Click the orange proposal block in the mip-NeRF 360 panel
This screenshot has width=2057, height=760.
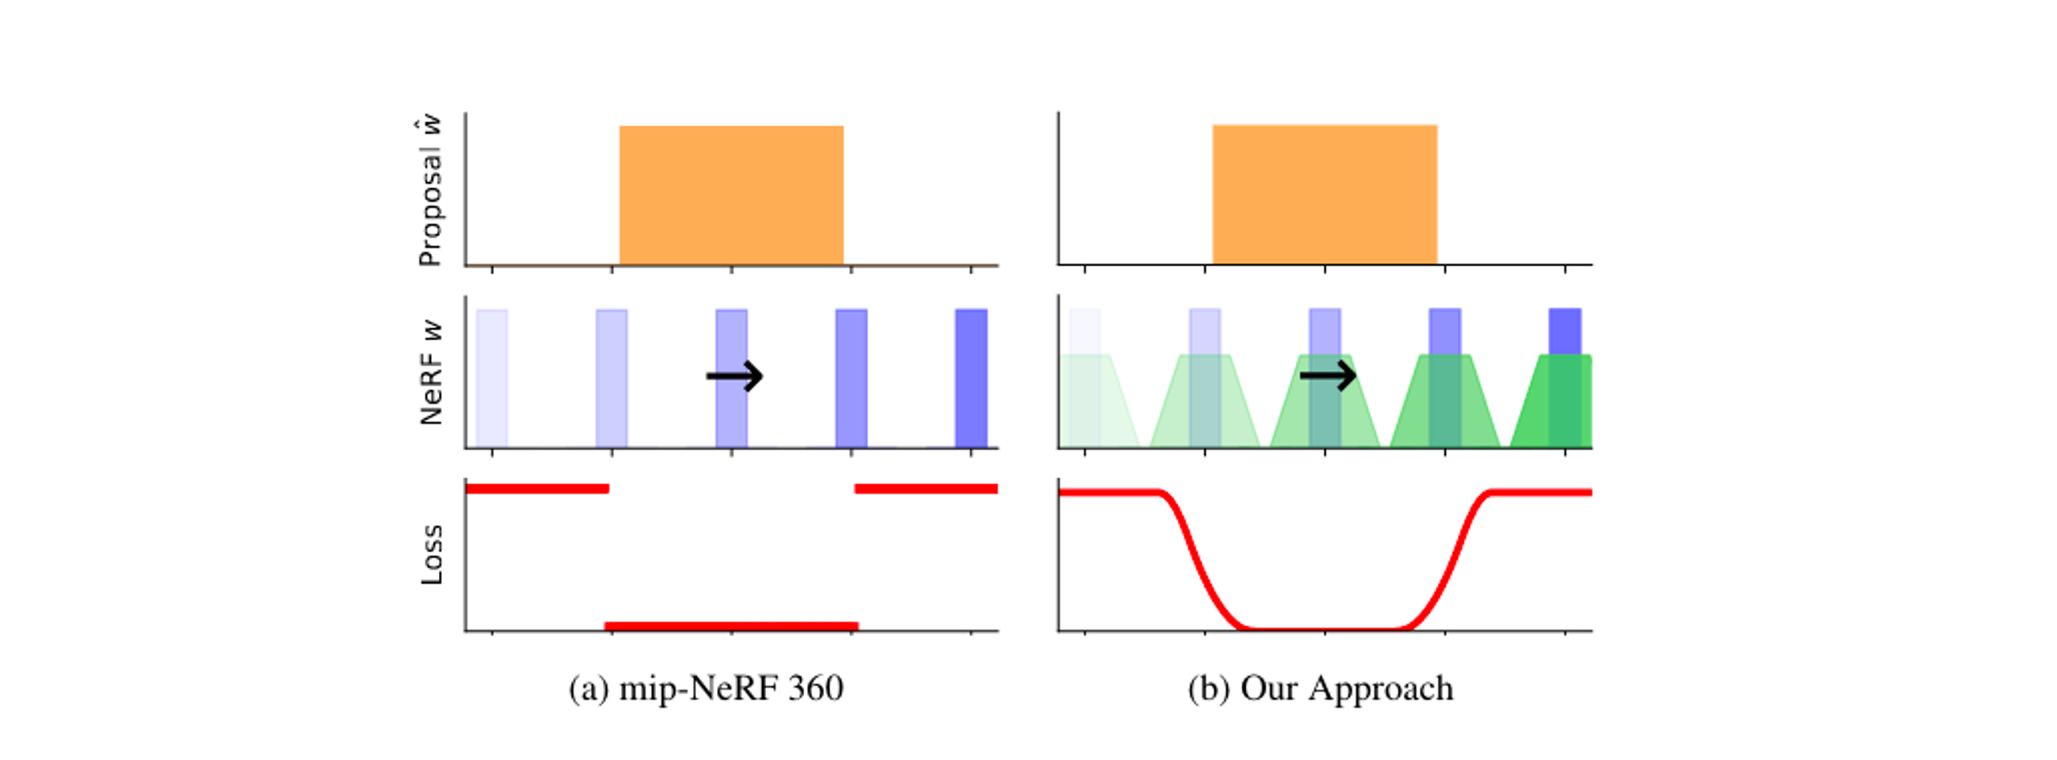tap(731, 195)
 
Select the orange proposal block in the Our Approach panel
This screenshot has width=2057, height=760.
tap(1324, 195)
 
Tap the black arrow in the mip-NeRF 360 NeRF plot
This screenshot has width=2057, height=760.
tap(735, 376)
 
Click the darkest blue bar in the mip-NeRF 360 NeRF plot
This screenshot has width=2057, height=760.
tap(971, 377)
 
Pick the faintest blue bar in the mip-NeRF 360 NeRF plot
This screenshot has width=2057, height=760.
tap(492, 377)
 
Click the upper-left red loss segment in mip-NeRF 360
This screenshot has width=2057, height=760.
tap(537, 489)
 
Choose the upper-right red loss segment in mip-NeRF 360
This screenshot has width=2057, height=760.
tap(926, 489)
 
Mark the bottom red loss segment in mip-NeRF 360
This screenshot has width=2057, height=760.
tap(731, 627)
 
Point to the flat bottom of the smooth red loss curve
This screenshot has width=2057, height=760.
tap(1324, 629)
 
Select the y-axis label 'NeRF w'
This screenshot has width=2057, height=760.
tap(431, 372)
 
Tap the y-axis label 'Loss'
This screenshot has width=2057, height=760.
tap(431, 555)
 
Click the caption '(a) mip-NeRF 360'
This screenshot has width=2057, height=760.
tap(706, 688)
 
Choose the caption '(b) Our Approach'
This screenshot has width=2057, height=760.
tap(1320, 688)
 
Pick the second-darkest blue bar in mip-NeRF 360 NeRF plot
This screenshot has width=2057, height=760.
tap(851, 377)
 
